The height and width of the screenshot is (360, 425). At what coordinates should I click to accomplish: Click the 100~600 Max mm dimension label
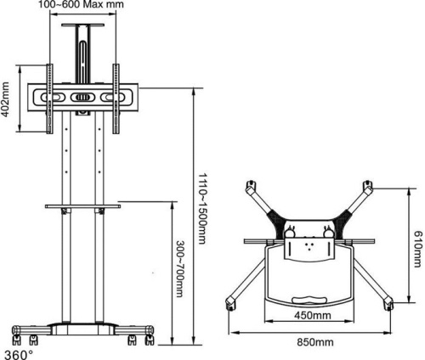pyautogui.click(x=82, y=5)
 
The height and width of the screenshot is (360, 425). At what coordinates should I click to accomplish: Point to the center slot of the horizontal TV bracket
pyautogui.click(x=82, y=97)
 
